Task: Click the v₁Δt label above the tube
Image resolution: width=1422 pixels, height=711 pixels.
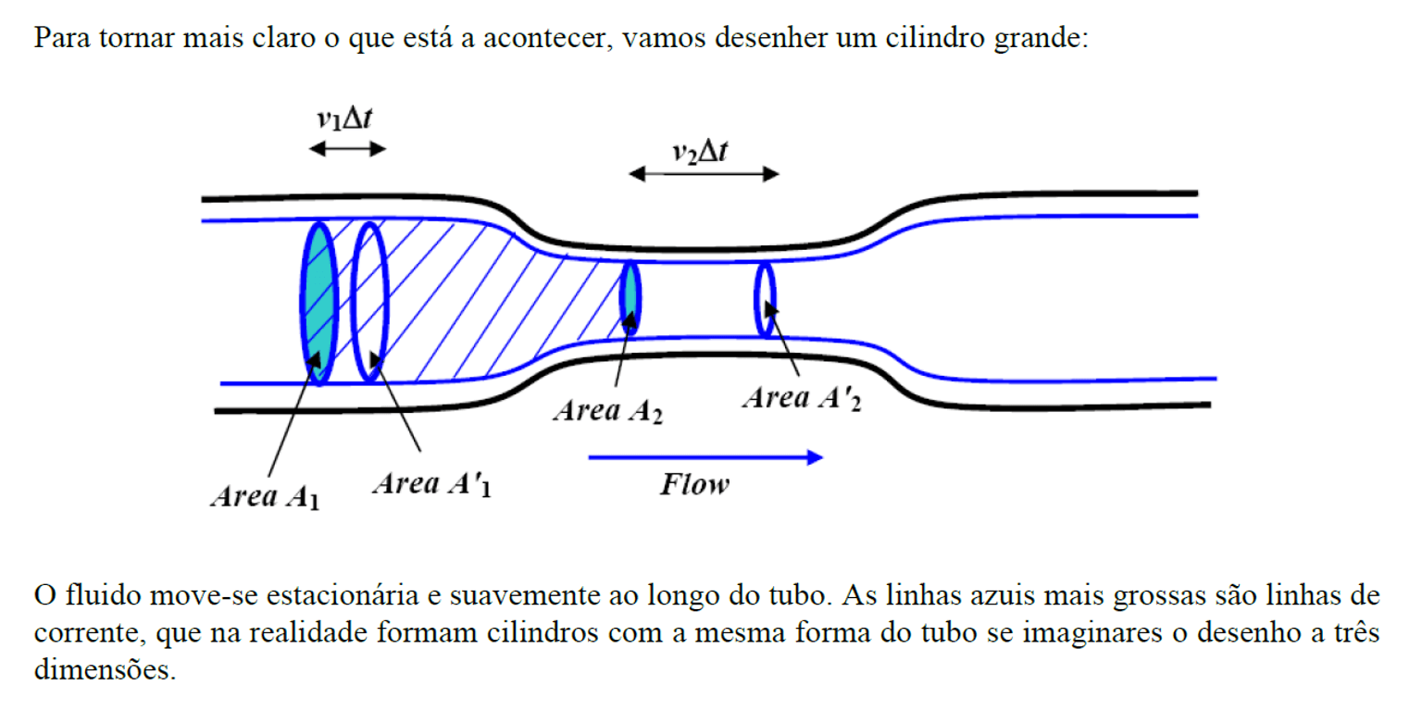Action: (x=344, y=118)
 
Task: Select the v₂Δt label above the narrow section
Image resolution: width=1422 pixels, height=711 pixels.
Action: (x=700, y=152)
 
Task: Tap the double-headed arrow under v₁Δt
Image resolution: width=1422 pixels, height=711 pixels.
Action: (x=347, y=149)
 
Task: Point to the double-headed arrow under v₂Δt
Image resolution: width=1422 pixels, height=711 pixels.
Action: (x=704, y=174)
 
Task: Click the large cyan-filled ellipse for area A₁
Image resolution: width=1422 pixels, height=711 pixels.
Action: (x=318, y=304)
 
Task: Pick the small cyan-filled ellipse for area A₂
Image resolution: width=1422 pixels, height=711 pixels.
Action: (x=630, y=298)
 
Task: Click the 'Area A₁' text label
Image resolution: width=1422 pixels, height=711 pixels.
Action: (x=266, y=496)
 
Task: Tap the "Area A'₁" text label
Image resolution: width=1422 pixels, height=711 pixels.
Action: (x=431, y=484)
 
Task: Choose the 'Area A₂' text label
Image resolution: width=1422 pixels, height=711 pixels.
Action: (x=608, y=411)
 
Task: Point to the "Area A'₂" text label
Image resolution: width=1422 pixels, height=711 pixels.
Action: (x=802, y=399)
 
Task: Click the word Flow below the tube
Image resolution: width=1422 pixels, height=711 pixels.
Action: (x=694, y=485)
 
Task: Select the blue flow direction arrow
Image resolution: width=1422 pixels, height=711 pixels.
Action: (x=706, y=457)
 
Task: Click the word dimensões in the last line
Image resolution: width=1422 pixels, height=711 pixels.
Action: (x=106, y=669)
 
